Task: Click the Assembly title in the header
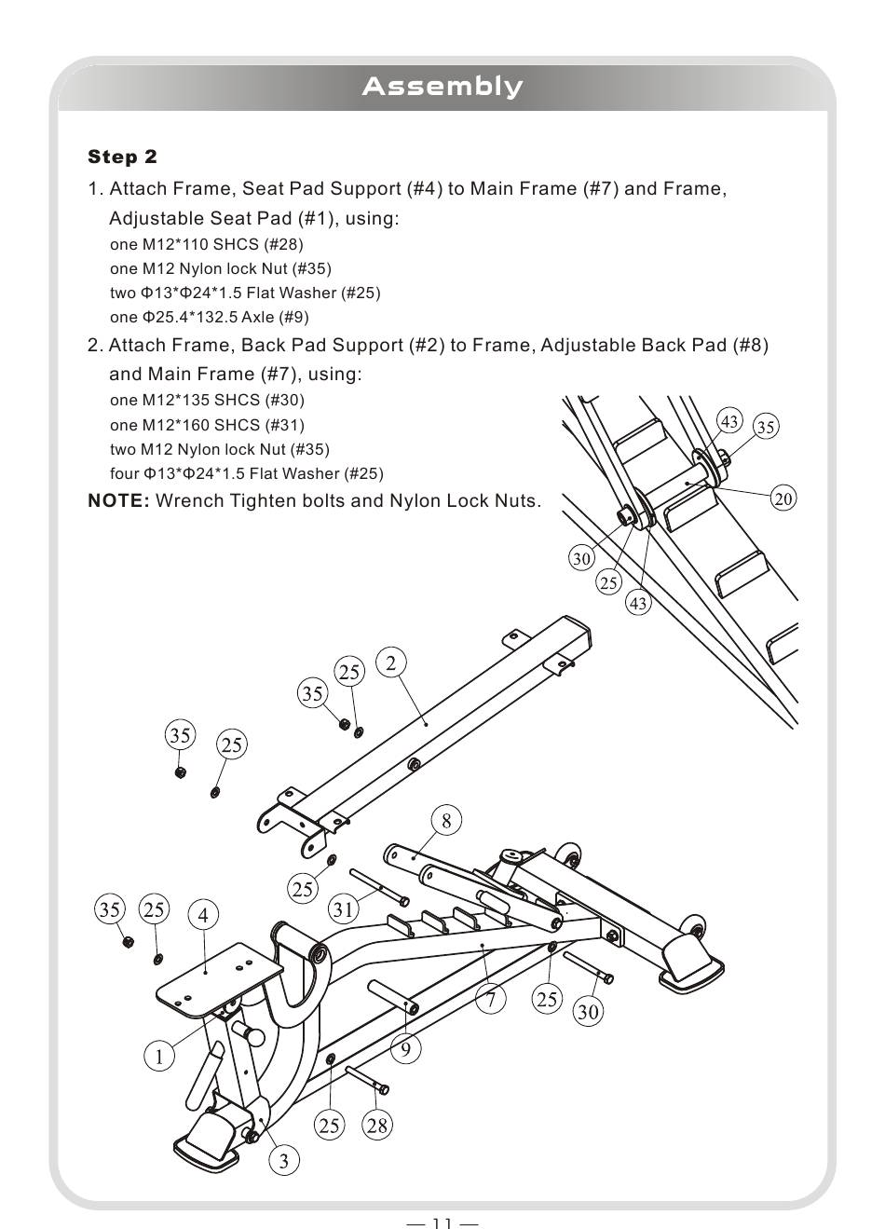point(442,87)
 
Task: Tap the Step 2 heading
point(122,157)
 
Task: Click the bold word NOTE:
point(118,501)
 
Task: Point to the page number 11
point(442,1222)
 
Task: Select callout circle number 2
point(391,662)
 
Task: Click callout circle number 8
point(446,820)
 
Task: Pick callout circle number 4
point(203,915)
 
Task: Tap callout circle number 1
point(159,1057)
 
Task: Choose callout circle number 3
point(284,1160)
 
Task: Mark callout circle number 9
point(405,1050)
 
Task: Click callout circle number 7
point(490,1000)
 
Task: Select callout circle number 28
point(376,1125)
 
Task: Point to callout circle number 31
point(344,908)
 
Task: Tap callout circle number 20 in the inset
point(783,498)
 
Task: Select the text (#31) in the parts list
point(284,425)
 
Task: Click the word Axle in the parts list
point(258,317)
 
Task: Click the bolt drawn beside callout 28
point(367,1081)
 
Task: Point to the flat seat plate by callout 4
point(220,973)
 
